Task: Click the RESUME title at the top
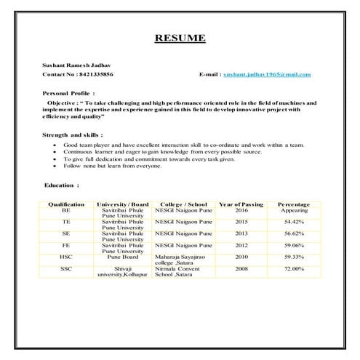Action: [x=180, y=38]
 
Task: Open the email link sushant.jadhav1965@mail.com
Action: [x=267, y=75]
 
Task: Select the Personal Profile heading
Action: [x=70, y=94]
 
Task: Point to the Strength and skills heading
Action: [x=73, y=135]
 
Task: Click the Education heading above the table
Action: [x=62, y=185]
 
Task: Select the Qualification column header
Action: [x=66, y=204]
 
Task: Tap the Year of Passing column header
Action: [x=241, y=204]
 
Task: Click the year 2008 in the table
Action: [x=241, y=268]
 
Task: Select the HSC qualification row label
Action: [x=66, y=257]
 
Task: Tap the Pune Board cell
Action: [x=122, y=257]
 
